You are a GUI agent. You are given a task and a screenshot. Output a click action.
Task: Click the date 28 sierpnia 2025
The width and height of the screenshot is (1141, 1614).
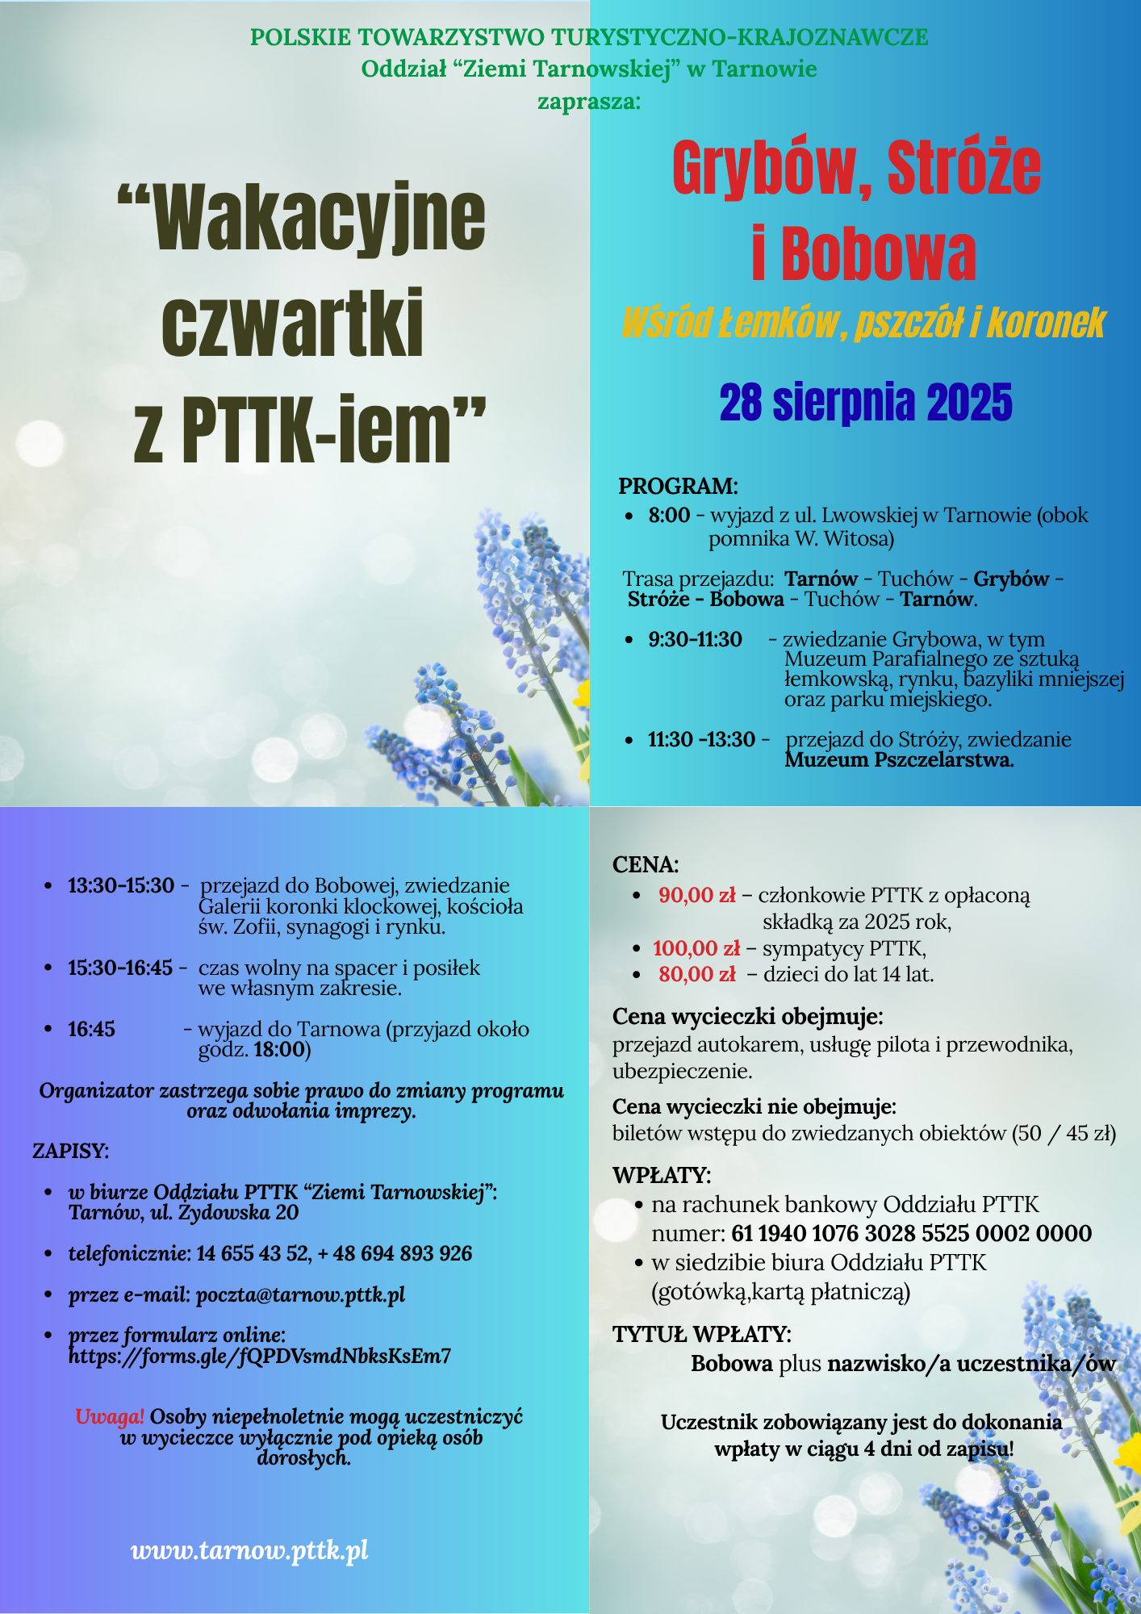(865, 403)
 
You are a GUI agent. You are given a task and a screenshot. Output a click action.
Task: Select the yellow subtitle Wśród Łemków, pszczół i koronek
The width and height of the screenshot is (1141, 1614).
(863, 323)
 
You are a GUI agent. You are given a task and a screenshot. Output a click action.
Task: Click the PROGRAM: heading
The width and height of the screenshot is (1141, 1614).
(678, 487)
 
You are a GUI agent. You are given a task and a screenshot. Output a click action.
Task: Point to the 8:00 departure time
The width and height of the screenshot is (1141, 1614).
(669, 515)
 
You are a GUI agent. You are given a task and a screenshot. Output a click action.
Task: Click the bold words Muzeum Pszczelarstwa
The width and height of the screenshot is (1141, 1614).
(898, 759)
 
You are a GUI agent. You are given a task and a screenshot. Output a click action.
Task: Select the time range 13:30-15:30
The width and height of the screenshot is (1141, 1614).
(121, 886)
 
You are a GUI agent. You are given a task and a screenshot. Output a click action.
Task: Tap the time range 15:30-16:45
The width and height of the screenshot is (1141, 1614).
(120, 968)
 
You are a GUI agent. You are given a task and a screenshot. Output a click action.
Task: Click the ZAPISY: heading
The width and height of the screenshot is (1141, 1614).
(71, 1151)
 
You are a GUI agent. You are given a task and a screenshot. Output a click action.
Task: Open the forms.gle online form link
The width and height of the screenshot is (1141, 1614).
(260, 1356)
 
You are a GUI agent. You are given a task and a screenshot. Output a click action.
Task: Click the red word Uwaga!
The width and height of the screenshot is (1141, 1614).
(110, 1416)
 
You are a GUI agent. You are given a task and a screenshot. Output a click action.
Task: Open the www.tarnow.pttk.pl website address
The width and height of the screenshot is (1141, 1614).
(250, 1550)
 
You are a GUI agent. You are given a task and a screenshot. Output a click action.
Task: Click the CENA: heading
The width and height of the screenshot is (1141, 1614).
(646, 864)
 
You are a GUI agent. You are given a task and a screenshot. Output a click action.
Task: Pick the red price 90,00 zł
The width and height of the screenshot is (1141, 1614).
(696, 895)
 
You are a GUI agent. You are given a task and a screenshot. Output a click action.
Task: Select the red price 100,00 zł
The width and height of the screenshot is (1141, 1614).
(696, 948)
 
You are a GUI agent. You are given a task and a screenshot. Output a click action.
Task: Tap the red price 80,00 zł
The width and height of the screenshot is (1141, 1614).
(696, 974)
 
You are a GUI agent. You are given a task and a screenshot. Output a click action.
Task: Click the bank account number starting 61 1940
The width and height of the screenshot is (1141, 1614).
(912, 1233)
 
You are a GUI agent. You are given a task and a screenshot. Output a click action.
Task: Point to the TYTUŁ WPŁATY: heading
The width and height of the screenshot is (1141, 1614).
(702, 1334)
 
